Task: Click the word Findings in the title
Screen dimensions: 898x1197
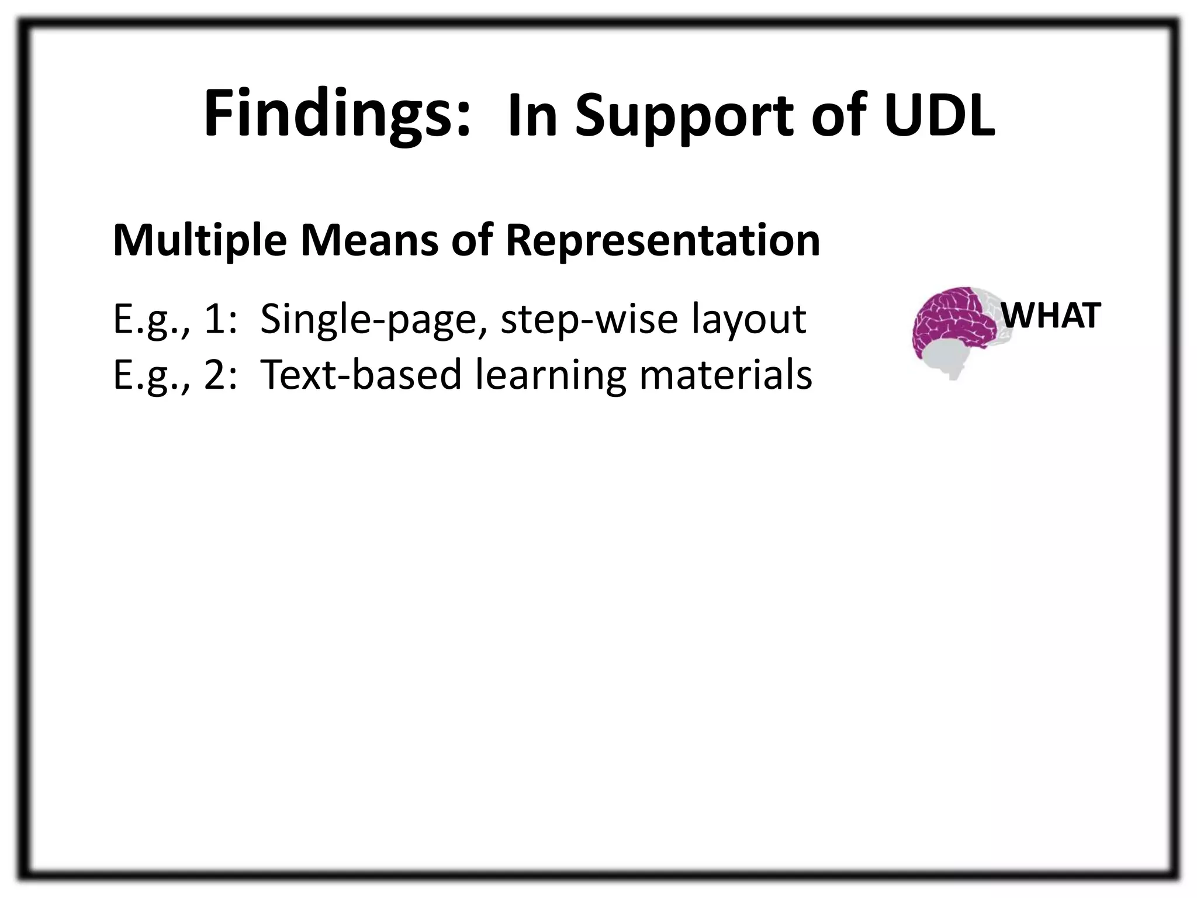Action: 337,114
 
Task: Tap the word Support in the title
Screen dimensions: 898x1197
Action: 683,117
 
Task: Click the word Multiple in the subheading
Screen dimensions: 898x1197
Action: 199,240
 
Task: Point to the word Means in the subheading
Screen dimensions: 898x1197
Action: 369,240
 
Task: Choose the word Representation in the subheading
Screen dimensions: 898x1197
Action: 663,240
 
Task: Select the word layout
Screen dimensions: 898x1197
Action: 749,320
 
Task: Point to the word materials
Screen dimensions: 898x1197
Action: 725,375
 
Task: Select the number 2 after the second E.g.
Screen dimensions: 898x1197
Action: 216,375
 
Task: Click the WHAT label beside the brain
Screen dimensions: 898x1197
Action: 1051,316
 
